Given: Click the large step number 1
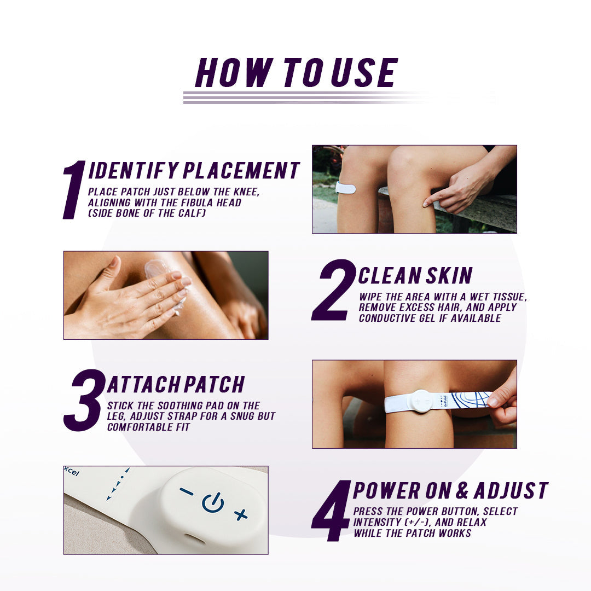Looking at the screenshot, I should tap(74, 190).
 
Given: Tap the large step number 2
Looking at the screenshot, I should tap(333, 290).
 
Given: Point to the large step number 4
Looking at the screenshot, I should tap(331, 511).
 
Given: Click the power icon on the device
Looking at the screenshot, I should tap(213, 502).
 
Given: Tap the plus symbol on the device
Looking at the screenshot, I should tap(241, 514).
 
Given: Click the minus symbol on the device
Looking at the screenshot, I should tap(186, 491).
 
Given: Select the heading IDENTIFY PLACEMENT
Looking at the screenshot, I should tap(194, 171).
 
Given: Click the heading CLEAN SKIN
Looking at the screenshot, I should tap(415, 276).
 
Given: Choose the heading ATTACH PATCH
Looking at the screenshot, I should tap(176, 385).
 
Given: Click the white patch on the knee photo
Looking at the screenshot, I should tap(345, 188).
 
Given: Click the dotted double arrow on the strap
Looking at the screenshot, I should tap(118, 484).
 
